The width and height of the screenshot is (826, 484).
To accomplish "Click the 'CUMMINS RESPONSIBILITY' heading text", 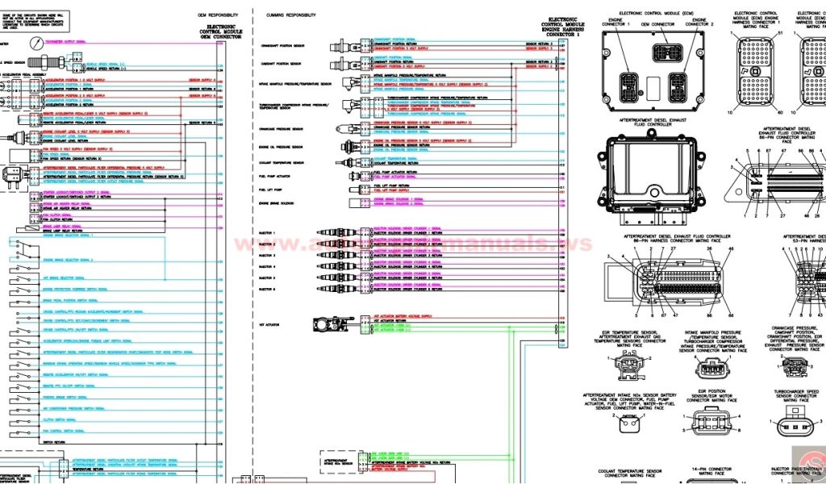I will [290, 15].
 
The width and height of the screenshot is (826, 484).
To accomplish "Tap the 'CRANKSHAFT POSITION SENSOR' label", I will [282, 46].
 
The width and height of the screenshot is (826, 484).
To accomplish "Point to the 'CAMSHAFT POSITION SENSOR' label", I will [280, 62].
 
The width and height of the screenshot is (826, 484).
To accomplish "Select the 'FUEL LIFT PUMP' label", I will [269, 190].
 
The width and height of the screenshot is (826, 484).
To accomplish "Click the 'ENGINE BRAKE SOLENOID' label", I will [277, 203].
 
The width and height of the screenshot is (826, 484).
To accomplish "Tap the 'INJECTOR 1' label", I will [267, 234].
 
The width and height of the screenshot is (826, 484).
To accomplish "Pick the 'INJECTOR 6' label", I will [267, 289].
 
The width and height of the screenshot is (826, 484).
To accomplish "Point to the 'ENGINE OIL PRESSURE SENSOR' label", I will [281, 147].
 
